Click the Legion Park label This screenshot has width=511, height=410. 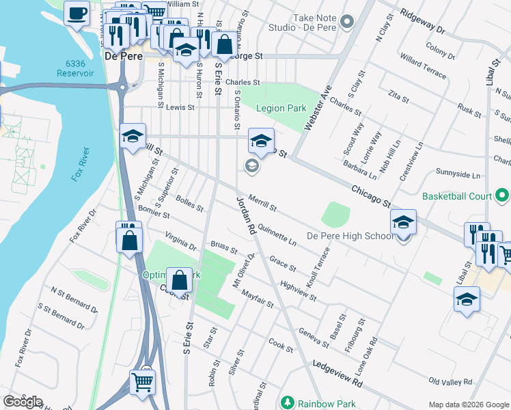(281, 108)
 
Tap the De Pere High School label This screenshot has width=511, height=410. (349, 236)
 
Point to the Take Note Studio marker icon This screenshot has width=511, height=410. (348, 23)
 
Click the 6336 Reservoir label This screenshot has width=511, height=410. (80, 68)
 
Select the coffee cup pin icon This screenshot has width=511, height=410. (77, 12)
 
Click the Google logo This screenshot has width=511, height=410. (23, 402)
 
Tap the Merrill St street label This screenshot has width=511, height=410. (262, 202)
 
